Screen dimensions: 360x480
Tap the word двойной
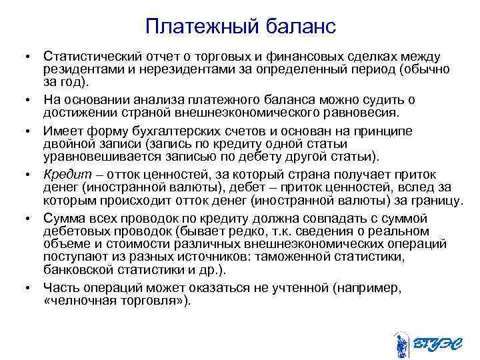pyautogui.click(x=66, y=144)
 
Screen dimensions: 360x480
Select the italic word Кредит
pyautogui.click(x=64, y=175)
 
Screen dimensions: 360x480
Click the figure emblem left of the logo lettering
pyautogui.click(x=402, y=343)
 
